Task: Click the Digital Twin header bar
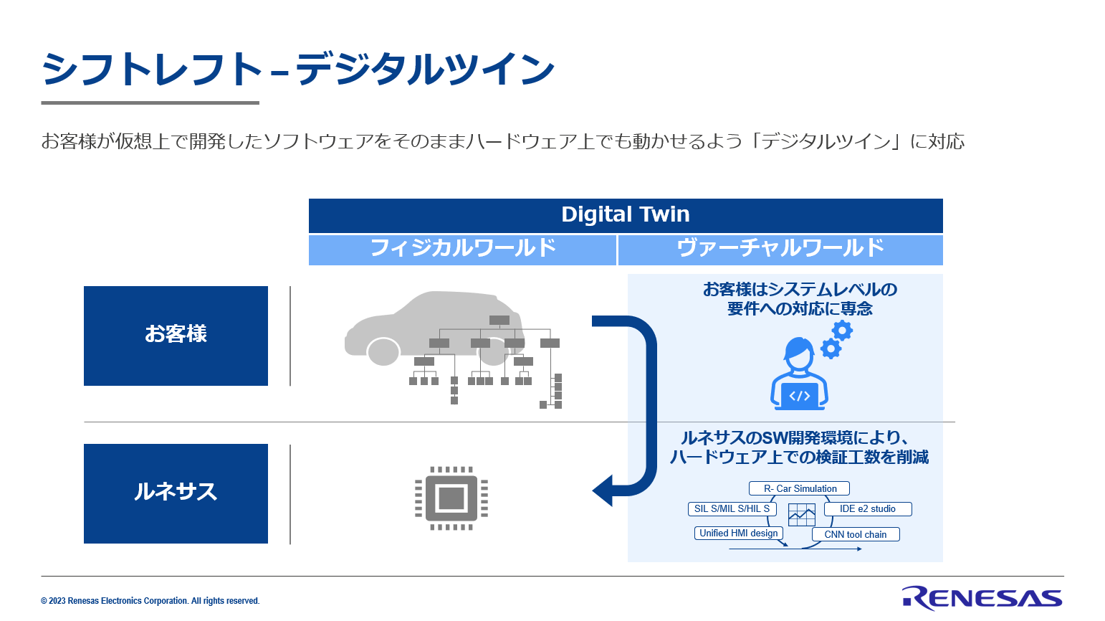[626, 215]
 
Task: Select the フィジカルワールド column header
[462, 250]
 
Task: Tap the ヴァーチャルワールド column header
[780, 250]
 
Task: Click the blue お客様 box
[176, 336]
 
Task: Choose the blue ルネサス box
[176, 493]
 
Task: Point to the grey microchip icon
[451, 498]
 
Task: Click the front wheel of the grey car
[383, 351]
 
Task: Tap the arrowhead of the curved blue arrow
[603, 490]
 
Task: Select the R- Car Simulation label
[799, 488]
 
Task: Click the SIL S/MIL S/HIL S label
[732, 509]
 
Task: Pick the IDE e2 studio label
[868, 509]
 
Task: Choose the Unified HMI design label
[739, 533]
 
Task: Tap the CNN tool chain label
[856, 534]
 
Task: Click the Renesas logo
[982, 598]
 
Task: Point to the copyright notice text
[150, 601]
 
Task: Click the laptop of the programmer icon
[799, 397]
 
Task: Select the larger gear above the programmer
[842, 331]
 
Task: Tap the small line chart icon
[802, 514]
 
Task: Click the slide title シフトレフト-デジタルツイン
[298, 69]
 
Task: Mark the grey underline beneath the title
[150, 103]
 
